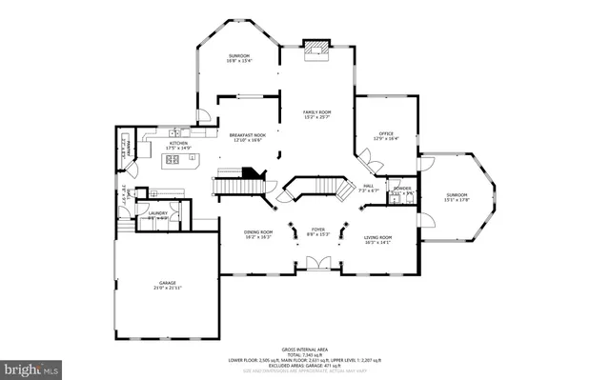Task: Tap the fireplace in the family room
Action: (314, 48)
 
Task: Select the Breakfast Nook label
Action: (247, 137)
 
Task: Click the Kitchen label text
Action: (179, 145)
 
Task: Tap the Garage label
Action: (167, 284)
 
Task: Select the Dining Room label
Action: (257, 234)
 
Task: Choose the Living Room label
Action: (378, 238)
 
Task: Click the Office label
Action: (384, 135)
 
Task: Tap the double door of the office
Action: (370, 163)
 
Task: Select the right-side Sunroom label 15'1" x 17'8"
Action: (458, 197)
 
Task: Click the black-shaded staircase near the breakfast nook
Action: (250, 172)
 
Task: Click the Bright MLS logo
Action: (30, 367)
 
